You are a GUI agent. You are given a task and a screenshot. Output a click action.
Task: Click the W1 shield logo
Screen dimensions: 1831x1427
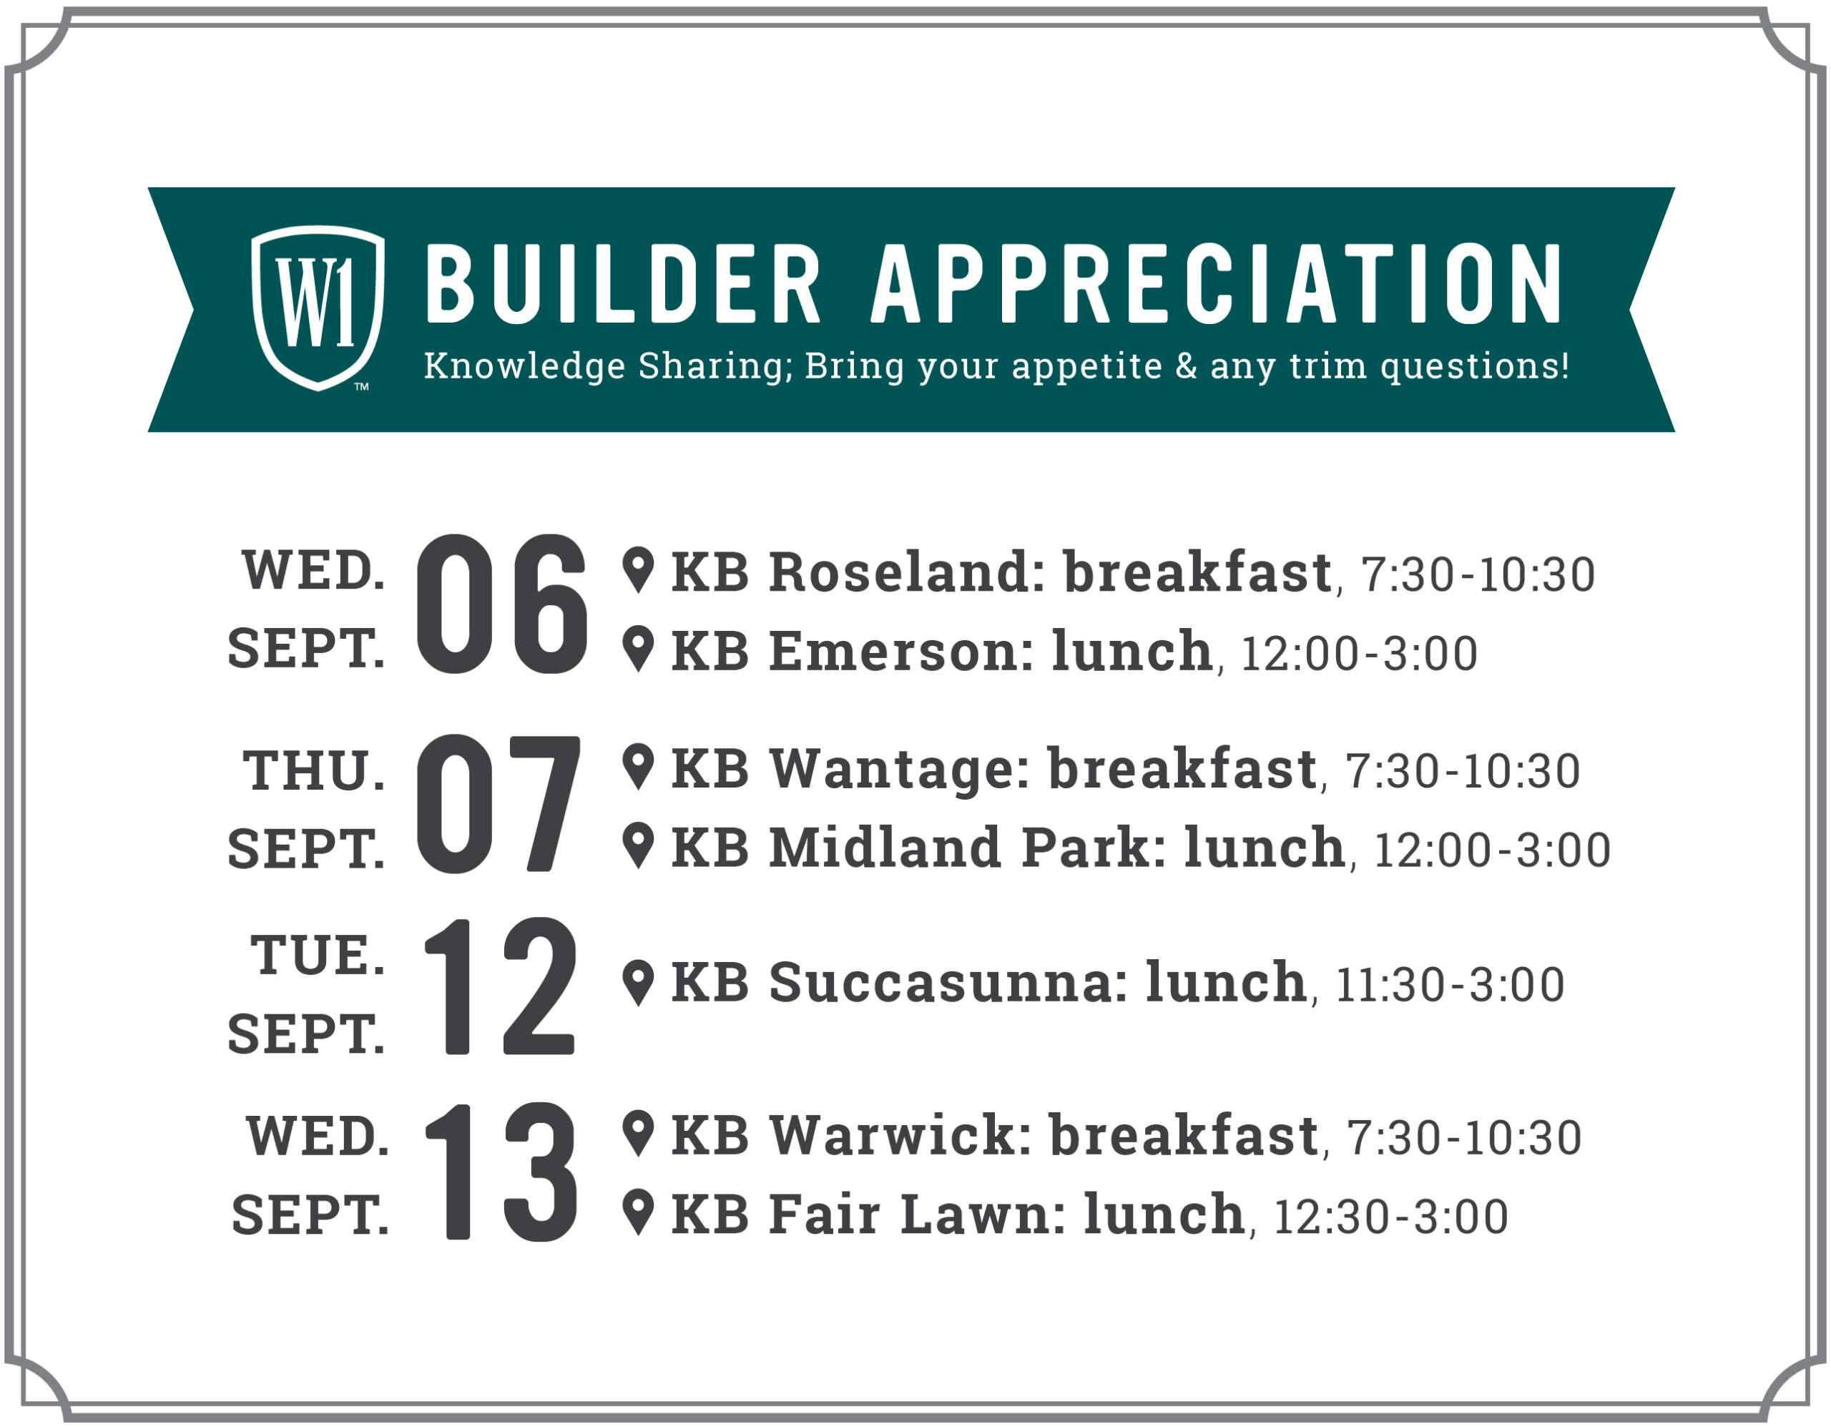[318, 308]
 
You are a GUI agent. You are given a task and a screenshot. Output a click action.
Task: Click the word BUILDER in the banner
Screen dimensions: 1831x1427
[623, 283]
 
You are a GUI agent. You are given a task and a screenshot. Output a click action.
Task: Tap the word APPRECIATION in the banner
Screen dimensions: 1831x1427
[1217, 283]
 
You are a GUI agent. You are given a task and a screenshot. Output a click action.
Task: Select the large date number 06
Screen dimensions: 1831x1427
[501, 604]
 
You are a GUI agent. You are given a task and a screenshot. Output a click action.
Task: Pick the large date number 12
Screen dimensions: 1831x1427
[501, 986]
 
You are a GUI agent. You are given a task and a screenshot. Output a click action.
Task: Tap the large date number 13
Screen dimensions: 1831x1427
[501, 1171]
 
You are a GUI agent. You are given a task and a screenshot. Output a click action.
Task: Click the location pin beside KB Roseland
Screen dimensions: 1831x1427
[638, 570]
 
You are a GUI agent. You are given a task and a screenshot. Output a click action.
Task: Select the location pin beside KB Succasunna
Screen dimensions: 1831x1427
[638, 983]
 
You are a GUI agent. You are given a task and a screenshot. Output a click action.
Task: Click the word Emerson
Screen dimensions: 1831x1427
[901, 652]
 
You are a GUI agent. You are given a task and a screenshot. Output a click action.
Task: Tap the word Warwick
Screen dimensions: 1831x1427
[900, 1135]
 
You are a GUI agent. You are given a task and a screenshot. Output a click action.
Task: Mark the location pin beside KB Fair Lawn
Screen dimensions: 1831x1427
[638, 1212]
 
